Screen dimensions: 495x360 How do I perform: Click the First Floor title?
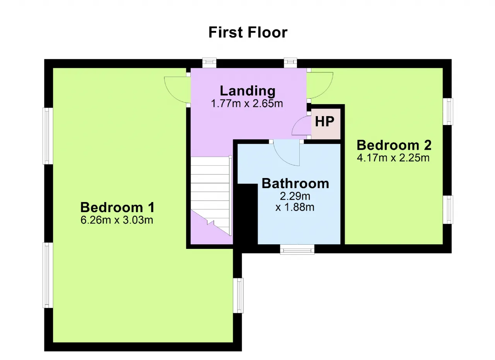pos(248,33)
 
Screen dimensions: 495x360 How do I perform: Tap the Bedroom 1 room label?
pos(117,207)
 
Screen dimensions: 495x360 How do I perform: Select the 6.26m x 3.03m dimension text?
pos(117,220)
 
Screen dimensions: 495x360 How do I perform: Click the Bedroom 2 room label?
pos(394,145)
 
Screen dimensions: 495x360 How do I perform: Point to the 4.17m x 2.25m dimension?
pos(393,158)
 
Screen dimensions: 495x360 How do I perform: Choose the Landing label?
pos(248,91)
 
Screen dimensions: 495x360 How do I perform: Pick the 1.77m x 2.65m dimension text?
pos(247,103)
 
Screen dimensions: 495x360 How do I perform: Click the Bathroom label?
pos(295,183)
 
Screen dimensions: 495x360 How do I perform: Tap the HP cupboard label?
pos(324,122)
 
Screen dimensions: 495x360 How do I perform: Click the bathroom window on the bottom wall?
pos(297,249)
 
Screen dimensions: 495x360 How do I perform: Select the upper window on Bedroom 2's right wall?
pos(448,111)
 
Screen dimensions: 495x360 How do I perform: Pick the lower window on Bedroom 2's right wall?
pos(448,210)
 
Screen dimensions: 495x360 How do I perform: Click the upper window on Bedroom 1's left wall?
pos(48,136)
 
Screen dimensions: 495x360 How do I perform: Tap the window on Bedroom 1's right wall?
pos(238,296)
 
